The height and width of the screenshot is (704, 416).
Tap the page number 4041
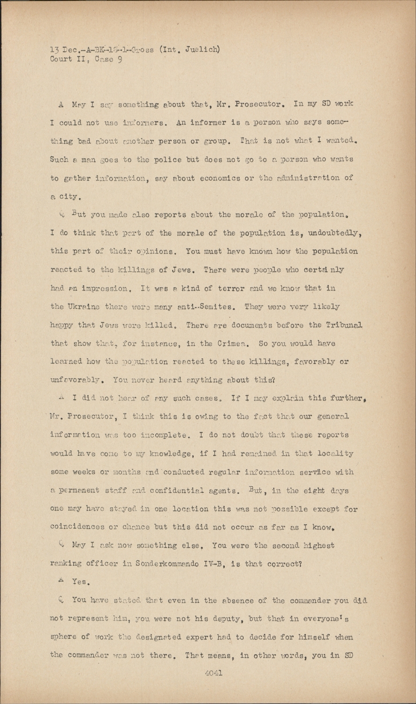click(x=213, y=673)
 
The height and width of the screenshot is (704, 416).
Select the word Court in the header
click(x=61, y=59)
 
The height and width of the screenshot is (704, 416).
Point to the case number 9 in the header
click(x=120, y=59)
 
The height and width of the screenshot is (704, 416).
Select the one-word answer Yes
click(x=80, y=582)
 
